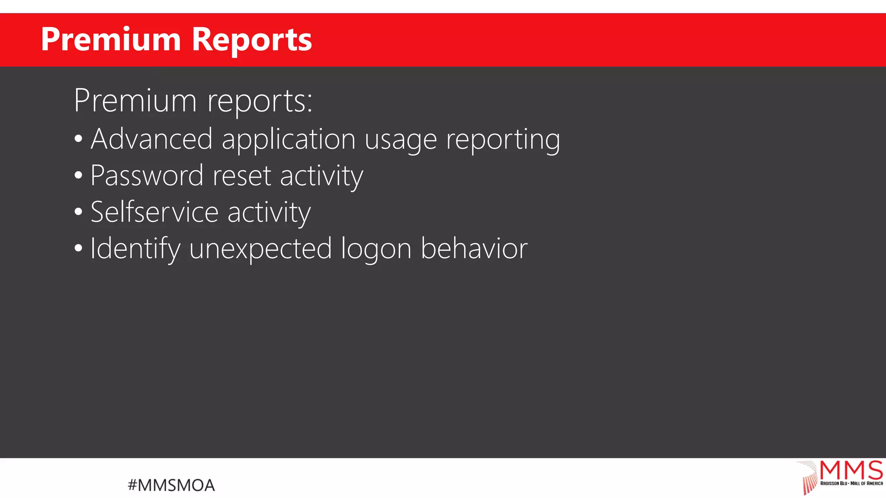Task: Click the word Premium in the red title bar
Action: (111, 40)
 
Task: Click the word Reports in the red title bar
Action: (251, 40)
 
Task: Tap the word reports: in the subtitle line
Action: (260, 101)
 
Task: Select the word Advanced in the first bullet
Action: (151, 139)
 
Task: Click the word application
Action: (289, 139)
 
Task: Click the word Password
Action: (147, 176)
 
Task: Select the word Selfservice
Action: (154, 212)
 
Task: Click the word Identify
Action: (135, 249)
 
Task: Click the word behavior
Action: (474, 249)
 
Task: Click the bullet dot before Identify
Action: (78, 249)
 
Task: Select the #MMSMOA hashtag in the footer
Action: (171, 485)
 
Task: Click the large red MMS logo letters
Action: (851, 470)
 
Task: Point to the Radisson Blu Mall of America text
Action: (851, 483)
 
